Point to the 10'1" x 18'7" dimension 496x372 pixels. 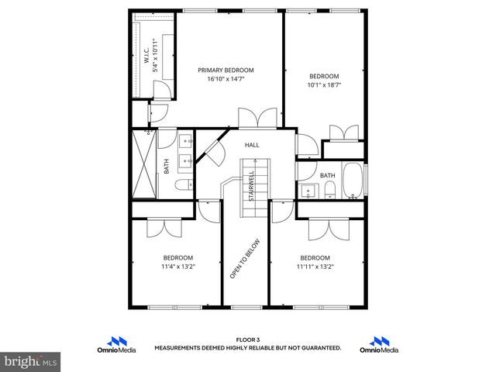pos(324,85)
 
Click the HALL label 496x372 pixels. pos(252,145)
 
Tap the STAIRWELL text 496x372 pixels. pos(252,186)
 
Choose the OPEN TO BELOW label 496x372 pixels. pos(245,259)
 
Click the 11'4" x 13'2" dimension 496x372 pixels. pos(177,267)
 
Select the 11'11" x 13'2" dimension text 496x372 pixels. pos(315,267)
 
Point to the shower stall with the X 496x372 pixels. pos(144,165)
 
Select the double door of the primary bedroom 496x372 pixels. pos(257,119)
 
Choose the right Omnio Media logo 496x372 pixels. pos(380,344)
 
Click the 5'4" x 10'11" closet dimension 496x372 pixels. pos(155,56)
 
